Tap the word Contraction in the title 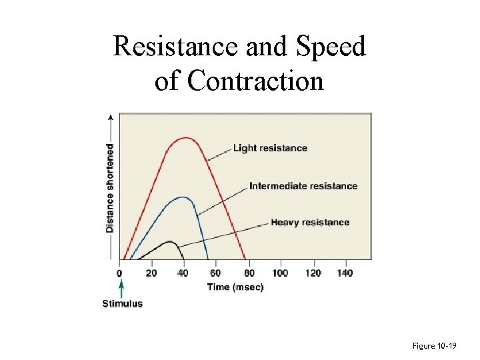click(255, 81)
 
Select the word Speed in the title click(328, 47)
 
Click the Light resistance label click(270, 148)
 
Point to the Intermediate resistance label click(303, 186)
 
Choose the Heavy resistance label click(310, 222)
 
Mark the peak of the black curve click(169, 241)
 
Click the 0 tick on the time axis click(120, 273)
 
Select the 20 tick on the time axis click(152, 273)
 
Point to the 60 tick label click(216, 273)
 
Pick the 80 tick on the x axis click(249, 273)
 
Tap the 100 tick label click(280, 273)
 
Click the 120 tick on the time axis click(313, 273)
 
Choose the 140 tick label click(345, 273)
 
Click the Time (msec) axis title click(235, 287)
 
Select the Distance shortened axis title click(109, 189)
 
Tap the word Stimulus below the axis click(122, 304)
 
